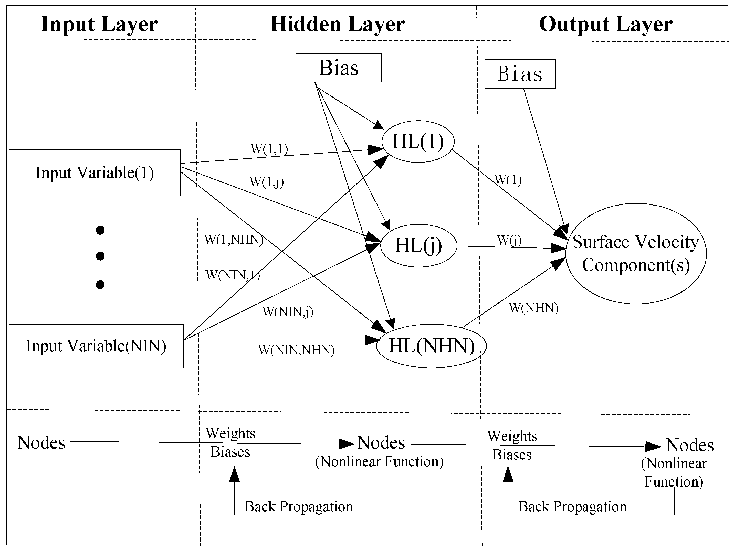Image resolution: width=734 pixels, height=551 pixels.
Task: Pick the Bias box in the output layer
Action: point(520,74)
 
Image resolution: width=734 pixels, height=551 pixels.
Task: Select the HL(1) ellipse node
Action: point(418,141)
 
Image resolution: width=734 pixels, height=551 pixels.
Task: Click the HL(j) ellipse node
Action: point(418,245)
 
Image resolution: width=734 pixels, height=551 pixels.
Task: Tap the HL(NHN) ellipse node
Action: point(431,346)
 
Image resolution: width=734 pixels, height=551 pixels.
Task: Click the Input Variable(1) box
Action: point(95,173)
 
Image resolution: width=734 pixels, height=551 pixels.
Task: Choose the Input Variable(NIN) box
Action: point(96,346)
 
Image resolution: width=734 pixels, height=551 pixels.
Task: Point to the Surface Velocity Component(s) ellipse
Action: point(635,253)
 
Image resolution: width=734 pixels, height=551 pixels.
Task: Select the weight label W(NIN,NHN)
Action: point(296,350)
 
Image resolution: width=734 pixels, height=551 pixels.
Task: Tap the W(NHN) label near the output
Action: point(533,308)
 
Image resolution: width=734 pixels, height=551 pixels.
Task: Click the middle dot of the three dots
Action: point(100,256)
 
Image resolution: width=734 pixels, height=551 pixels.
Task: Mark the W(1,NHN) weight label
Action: point(234,239)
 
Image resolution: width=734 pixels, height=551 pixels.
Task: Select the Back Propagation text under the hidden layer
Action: point(298,506)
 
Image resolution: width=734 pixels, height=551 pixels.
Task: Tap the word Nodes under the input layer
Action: point(41,442)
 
